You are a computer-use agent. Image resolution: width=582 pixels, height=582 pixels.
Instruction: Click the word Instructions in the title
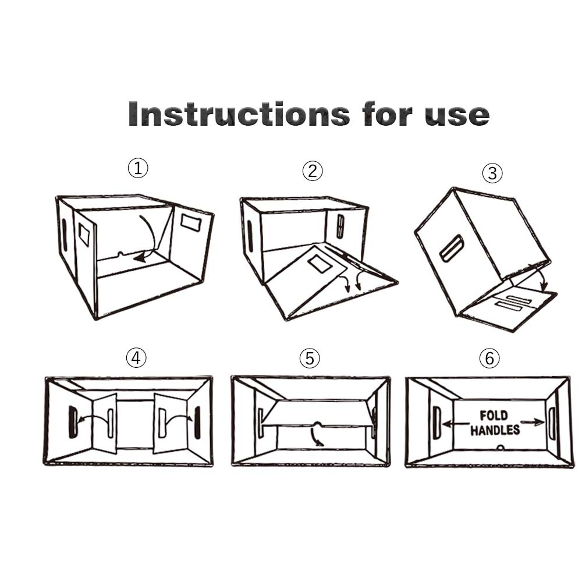(x=239, y=113)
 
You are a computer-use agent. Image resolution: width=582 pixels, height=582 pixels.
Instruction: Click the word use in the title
(x=457, y=115)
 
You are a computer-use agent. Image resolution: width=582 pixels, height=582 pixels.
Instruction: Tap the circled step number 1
(x=138, y=168)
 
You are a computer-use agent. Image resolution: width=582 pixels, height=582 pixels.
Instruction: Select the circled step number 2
(x=313, y=171)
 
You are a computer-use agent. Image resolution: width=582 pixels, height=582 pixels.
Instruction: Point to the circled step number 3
(x=492, y=173)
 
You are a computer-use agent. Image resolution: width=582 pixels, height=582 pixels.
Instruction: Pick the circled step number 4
(x=136, y=358)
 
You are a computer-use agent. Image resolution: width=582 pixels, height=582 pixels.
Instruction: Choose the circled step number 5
(x=310, y=358)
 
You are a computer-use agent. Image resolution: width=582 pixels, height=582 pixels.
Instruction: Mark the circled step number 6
(x=489, y=358)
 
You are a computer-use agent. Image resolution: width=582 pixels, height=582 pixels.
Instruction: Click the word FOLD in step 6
(x=494, y=415)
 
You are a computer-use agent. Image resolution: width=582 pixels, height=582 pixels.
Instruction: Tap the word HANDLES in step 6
(x=495, y=430)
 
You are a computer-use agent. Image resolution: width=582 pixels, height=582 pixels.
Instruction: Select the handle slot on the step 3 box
(x=452, y=249)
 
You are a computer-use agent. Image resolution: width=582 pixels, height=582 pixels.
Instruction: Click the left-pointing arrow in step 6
(x=456, y=424)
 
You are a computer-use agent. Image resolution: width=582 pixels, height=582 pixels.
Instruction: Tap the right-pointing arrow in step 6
(x=533, y=422)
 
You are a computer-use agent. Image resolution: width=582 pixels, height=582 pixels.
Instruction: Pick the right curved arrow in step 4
(x=179, y=417)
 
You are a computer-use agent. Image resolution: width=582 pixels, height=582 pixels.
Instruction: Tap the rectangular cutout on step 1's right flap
(x=191, y=222)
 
